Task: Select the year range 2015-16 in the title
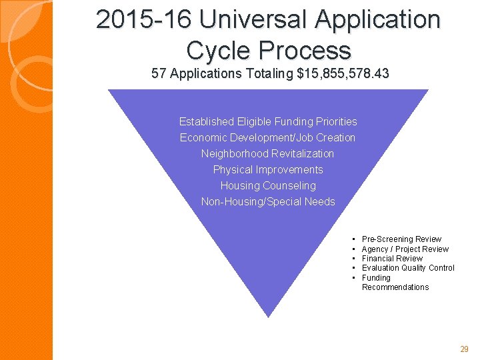[x=143, y=20]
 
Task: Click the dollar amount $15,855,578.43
[x=343, y=73]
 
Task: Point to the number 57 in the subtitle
[x=159, y=73]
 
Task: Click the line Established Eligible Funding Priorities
[x=268, y=122]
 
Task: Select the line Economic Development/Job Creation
[x=268, y=138]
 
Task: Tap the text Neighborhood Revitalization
[x=268, y=154]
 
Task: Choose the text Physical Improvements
[x=268, y=170]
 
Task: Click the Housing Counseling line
[x=268, y=186]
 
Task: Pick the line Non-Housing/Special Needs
[x=268, y=202]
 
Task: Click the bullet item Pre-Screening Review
[x=401, y=239]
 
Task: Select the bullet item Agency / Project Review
[x=405, y=249]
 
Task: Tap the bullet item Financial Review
[x=392, y=259]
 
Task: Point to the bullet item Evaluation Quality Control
[x=408, y=268]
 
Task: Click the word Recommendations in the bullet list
[x=395, y=287]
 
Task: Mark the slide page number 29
[x=465, y=349]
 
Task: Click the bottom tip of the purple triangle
[x=268, y=315]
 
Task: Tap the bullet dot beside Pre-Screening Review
[x=353, y=239]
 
